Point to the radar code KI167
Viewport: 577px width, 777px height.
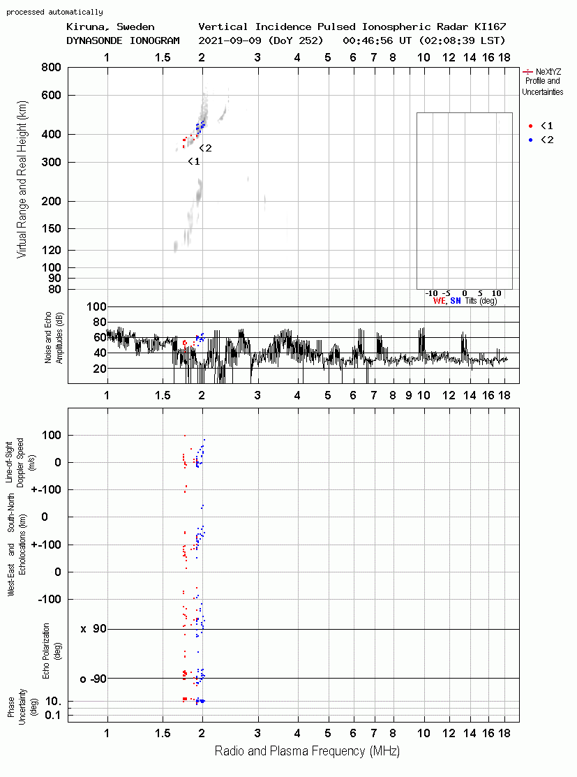[490, 27]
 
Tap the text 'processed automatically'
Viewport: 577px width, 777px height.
[54, 12]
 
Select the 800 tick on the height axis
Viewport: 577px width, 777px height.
[51, 68]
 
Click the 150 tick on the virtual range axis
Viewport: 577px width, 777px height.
[51, 228]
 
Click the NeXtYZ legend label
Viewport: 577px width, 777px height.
[548, 72]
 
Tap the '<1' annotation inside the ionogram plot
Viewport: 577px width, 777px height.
[194, 161]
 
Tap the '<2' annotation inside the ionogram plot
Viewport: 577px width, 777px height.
[206, 148]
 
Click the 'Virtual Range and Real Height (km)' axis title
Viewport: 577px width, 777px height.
[22, 179]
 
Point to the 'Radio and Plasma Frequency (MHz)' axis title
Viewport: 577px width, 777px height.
[307, 751]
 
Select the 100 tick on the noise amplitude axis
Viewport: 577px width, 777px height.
[96, 306]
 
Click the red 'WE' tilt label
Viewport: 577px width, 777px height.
[440, 301]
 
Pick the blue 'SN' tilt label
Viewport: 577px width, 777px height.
[456, 301]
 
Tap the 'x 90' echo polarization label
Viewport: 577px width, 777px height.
[93, 629]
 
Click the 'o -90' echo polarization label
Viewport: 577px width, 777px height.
[93, 679]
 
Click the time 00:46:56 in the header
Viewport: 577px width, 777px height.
[368, 40]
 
